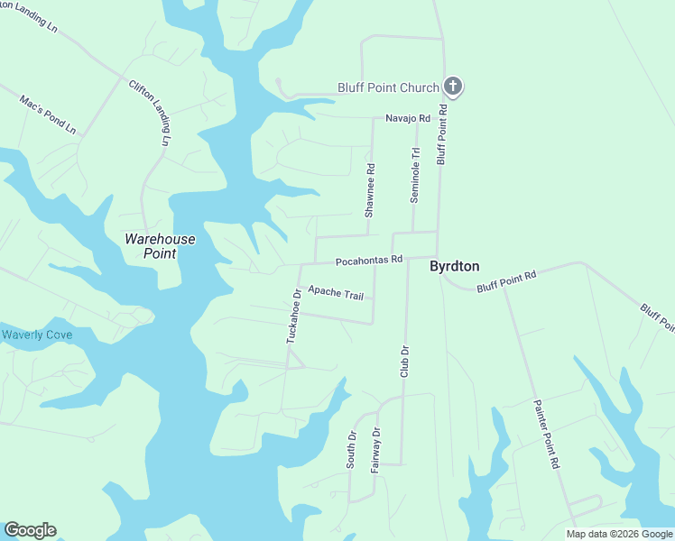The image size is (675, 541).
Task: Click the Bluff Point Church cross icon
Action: [453, 87]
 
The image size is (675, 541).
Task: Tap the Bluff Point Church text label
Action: [388, 87]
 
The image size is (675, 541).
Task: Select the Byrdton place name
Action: [454, 266]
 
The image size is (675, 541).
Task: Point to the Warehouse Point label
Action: [159, 246]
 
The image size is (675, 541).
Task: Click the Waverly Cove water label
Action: [36, 335]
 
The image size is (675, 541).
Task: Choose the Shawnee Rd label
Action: [369, 190]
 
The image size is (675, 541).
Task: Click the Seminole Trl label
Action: [416, 175]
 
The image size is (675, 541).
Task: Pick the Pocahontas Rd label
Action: [368, 261]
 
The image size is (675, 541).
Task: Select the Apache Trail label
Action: [335, 292]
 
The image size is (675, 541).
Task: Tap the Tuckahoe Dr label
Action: [292, 316]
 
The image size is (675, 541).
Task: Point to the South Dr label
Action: [351, 448]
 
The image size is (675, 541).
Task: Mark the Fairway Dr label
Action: [377, 448]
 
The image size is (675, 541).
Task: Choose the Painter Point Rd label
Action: [548, 434]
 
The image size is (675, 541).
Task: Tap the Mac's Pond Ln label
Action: [48, 113]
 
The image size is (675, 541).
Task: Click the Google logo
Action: [30, 530]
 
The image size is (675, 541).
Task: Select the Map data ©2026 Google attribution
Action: [618, 534]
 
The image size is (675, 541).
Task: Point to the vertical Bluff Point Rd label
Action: [442, 133]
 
